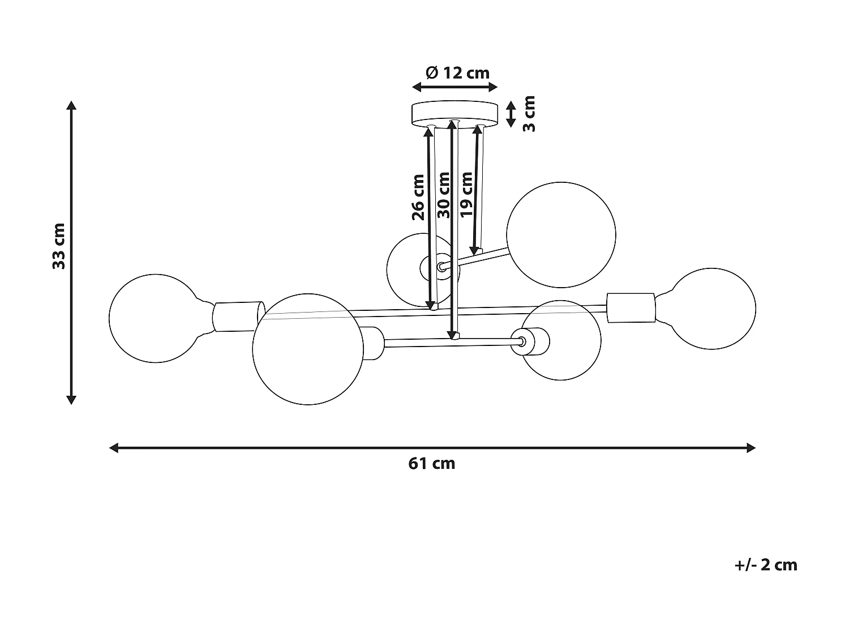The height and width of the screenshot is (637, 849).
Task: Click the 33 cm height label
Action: (x=59, y=246)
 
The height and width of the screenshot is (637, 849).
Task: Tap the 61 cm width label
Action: (x=431, y=464)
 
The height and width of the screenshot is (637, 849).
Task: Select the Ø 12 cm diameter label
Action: (x=457, y=73)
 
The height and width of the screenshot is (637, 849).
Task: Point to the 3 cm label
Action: (x=529, y=114)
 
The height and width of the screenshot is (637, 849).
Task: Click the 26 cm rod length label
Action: (x=418, y=196)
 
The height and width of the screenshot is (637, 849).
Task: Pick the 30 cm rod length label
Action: (x=444, y=195)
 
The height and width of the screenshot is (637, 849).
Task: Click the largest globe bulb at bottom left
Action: (x=307, y=349)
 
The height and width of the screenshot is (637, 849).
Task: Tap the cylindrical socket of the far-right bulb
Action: (x=631, y=308)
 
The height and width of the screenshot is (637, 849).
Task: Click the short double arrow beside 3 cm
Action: (x=511, y=114)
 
